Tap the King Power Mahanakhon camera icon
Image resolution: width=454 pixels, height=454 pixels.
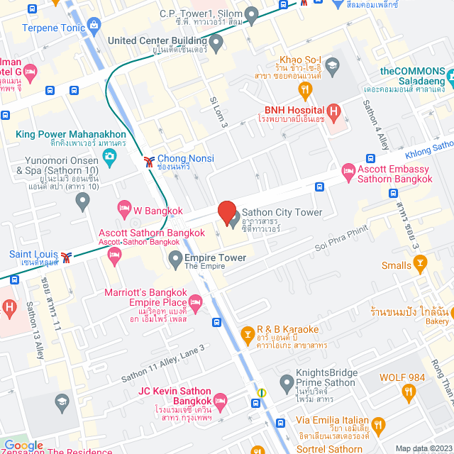point(109,160)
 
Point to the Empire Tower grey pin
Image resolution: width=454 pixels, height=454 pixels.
point(175,260)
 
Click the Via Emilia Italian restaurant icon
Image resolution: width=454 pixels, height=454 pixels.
point(378,426)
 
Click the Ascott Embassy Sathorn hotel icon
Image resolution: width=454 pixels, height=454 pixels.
point(348,170)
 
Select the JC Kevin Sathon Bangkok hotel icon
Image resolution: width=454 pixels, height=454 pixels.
point(221,399)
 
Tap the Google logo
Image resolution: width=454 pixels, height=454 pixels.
point(23,445)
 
